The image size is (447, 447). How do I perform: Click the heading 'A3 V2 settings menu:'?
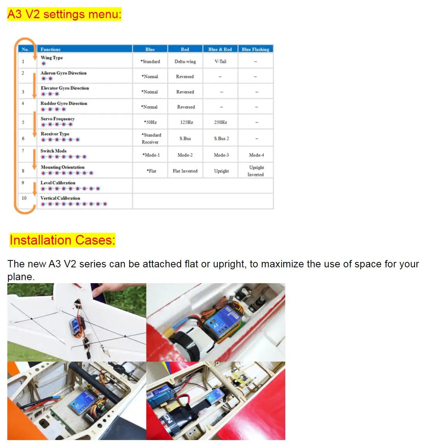pyautogui.click(x=64, y=14)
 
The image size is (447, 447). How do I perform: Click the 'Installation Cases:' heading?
pyautogui.click(x=62, y=240)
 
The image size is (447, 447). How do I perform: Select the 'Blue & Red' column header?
pyautogui.click(x=220, y=49)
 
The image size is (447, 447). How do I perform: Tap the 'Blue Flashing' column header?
pyautogui.click(x=256, y=49)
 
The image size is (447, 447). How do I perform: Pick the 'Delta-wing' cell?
pyautogui.click(x=185, y=61)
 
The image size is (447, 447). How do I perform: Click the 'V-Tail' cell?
pyautogui.click(x=220, y=61)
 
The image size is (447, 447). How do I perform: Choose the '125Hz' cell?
pyautogui.click(x=186, y=122)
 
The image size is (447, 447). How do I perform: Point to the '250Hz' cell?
pyautogui.click(x=220, y=122)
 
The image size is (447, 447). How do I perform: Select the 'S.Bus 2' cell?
pyautogui.click(x=222, y=138)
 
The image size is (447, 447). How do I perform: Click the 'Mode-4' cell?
pyautogui.click(x=256, y=155)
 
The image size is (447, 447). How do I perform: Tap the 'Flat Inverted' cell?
pyautogui.click(x=185, y=171)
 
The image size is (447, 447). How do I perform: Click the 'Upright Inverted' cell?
pyautogui.click(x=256, y=171)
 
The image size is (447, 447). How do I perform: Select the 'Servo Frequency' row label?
pyautogui.click(x=58, y=119)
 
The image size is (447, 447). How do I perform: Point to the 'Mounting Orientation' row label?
pyautogui.click(x=63, y=167)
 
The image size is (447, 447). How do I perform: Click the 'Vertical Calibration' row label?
pyautogui.click(x=60, y=198)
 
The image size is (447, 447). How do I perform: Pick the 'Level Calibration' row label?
pyautogui.click(x=58, y=183)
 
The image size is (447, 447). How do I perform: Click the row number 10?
pyautogui.click(x=24, y=198)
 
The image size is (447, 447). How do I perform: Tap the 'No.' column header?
pyautogui.click(x=25, y=49)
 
